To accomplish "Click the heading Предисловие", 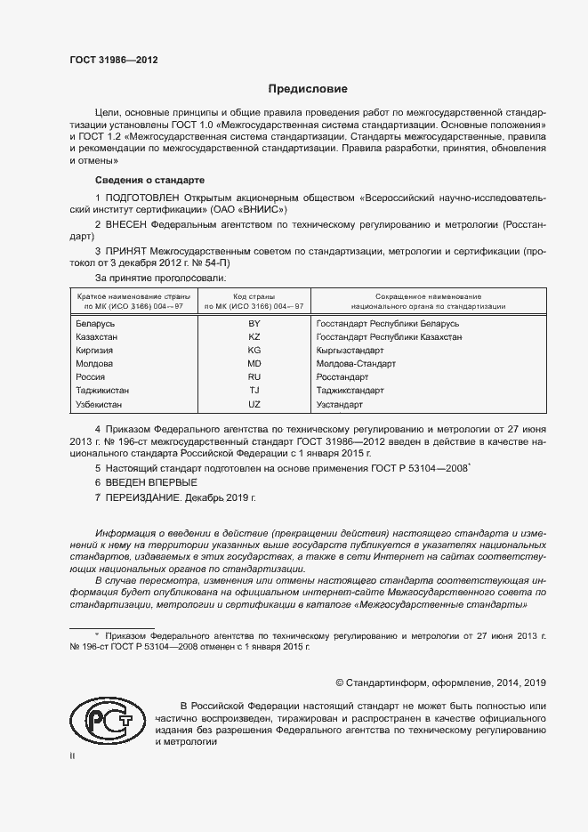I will pos(308,89).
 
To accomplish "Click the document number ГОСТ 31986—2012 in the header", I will pos(114,61).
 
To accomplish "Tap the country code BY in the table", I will pos(254,324).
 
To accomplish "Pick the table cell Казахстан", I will pos(98,337).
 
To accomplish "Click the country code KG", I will pos(254,351).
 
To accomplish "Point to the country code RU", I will pos(254,377).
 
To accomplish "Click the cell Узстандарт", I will pos(339,404).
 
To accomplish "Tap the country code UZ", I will pos(254,404).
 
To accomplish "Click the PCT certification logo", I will pos(105,721).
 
